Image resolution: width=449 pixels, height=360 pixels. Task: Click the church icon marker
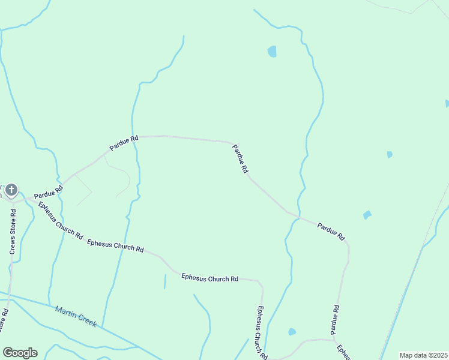(x=11, y=191)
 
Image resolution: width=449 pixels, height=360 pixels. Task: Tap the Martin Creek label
(x=76, y=316)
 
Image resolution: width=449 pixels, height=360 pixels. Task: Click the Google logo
(x=20, y=353)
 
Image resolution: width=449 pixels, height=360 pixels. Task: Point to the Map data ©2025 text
(x=423, y=355)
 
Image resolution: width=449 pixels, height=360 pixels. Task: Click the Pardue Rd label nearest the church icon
(x=48, y=193)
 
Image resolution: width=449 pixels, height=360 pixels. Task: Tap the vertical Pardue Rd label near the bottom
(x=335, y=320)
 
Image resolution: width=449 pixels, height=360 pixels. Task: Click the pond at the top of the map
(x=272, y=52)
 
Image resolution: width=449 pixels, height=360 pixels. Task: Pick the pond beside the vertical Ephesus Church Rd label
(x=292, y=332)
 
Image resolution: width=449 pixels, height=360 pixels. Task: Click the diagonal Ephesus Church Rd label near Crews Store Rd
(x=60, y=220)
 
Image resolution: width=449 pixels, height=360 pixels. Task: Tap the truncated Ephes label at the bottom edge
(x=343, y=352)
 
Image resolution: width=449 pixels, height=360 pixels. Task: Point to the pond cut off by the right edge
(x=447, y=103)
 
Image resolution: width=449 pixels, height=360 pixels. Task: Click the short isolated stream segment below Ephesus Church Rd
(x=164, y=281)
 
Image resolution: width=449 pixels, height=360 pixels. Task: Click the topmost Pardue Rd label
(x=124, y=142)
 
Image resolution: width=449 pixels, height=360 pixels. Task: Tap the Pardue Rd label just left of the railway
(x=331, y=231)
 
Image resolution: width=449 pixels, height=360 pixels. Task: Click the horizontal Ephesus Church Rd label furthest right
(x=209, y=278)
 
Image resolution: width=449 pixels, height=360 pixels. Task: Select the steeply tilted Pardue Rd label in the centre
(x=240, y=159)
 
